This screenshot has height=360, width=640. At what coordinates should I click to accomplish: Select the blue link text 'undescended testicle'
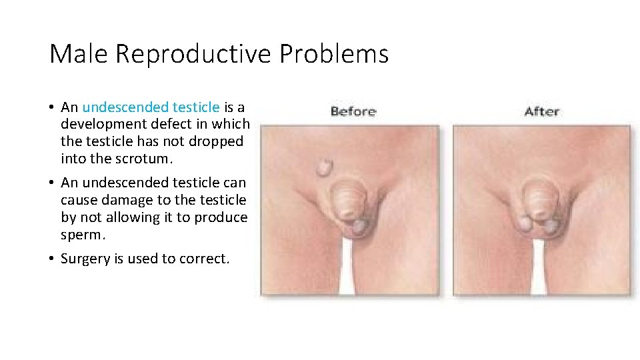pos(151,107)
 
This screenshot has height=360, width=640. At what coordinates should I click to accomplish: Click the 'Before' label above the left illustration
pos(353,111)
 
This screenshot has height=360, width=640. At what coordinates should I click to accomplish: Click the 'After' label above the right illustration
pos(542,111)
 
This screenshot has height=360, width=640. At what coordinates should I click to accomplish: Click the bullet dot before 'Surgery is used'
pos(51,259)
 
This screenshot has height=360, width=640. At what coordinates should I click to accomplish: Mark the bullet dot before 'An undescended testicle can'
pos(51,183)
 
